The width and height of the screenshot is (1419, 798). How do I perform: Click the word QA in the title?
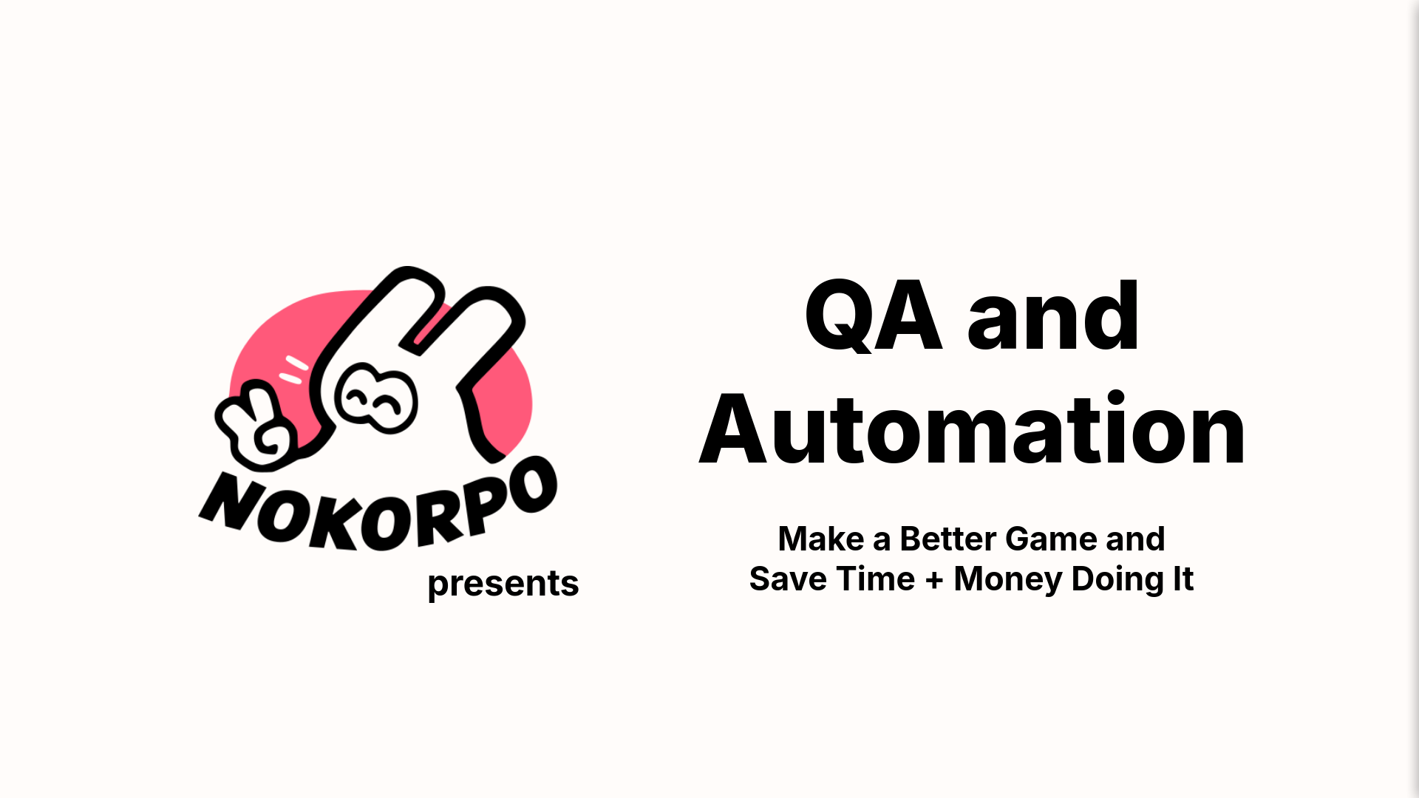coord(873,316)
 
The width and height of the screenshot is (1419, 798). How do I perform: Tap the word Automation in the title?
coord(972,431)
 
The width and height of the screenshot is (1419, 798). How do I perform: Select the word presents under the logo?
coord(503,584)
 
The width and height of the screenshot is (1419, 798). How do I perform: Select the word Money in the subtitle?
coord(1008,579)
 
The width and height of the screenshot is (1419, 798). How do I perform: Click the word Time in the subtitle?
coord(877,579)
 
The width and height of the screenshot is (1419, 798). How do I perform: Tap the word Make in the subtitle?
coord(820,539)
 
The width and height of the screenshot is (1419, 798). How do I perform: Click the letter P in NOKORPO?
coord(480,505)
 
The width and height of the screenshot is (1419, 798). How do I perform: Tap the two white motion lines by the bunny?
coord(293,369)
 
